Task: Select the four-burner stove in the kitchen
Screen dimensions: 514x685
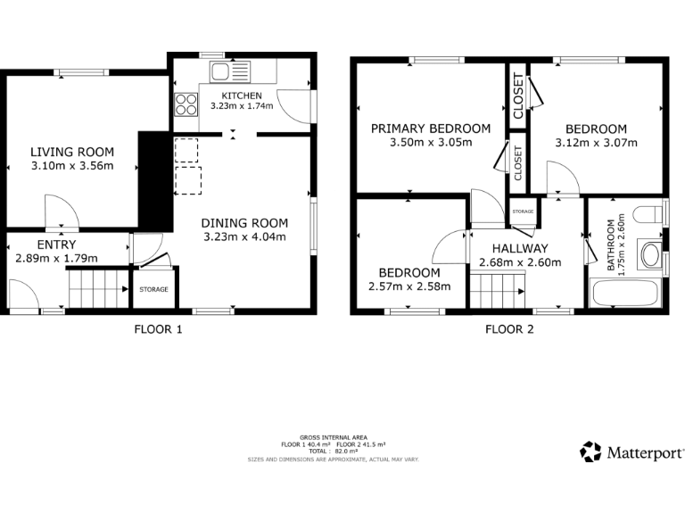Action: click(186, 104)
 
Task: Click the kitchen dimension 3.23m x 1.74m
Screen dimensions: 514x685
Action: click(242, 106)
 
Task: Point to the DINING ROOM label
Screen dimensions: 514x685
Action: click(243, 223)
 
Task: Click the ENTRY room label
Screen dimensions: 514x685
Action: click(56, 245)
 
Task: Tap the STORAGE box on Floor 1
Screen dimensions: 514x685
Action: click(154, 289)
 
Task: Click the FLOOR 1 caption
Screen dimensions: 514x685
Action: click(158, 328)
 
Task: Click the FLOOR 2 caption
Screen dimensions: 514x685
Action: click(509, 328)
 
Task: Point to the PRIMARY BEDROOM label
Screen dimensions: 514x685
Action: click(431, 128)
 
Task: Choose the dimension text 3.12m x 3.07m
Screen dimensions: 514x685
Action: click(597, 142)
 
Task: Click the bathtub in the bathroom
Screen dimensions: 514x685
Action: click(625, 293)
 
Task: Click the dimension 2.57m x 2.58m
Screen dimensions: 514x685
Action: click(409, 286)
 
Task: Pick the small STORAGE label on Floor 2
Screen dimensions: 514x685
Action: click(523, 211)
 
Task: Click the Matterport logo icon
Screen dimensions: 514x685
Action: click(590, 452)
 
